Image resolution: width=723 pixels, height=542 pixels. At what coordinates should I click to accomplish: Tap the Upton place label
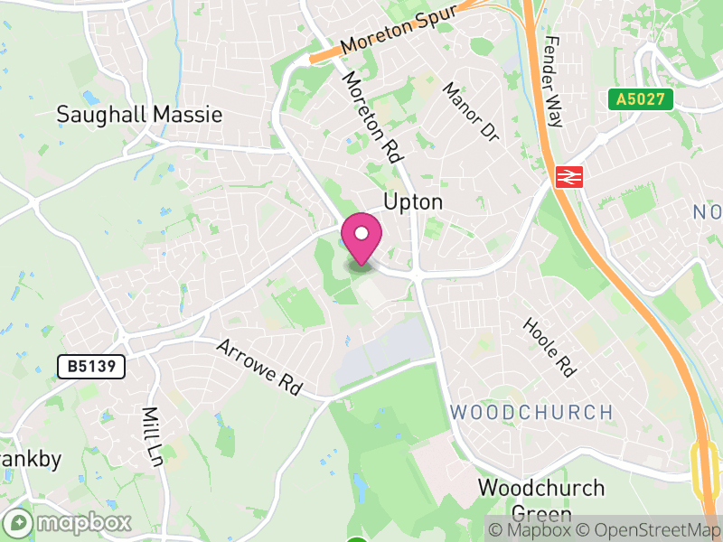414,201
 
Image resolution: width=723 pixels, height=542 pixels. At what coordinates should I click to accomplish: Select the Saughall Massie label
139,115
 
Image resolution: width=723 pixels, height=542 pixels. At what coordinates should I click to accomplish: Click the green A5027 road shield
641,99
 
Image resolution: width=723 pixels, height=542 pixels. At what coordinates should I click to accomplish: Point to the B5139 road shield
90,367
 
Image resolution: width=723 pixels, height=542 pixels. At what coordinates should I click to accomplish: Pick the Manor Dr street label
471,111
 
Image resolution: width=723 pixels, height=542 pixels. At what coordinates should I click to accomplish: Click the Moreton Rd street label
371,117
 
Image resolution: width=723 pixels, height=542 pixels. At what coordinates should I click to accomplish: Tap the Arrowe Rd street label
258,366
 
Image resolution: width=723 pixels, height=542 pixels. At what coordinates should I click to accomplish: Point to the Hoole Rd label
549,347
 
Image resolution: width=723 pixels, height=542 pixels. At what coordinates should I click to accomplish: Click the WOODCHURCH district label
531,413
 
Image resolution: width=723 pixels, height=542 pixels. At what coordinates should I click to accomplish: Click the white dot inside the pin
361,234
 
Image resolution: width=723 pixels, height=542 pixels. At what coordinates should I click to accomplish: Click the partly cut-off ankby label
31,459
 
